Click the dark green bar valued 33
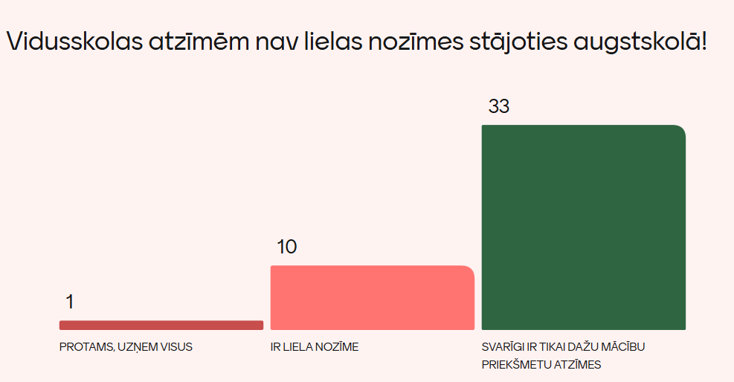(583, 227)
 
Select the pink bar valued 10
(372, 297)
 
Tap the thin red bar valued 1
(161, 325)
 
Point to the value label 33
(499, 106)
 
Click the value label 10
(286, 247)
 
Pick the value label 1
(70, 302)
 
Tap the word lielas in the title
(332, 42)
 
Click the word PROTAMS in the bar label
(86, 347)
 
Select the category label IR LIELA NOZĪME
(315, 347)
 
